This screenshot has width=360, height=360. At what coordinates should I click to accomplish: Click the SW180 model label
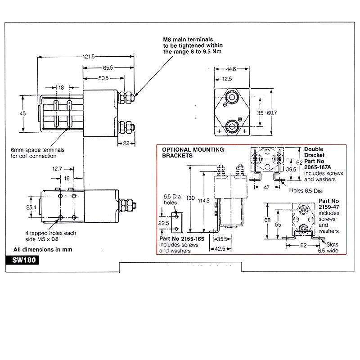[21, 260]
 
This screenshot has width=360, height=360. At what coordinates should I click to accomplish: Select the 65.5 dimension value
[107, 67]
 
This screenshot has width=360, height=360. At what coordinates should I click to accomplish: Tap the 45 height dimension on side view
[22, 114]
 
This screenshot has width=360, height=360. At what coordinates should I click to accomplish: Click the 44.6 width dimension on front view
[230, 69]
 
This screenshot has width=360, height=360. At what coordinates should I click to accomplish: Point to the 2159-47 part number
[328, 207]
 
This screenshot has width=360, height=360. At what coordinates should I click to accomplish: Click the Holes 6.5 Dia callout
[306, 189]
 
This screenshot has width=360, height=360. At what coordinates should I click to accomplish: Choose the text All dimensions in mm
[43, 249]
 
